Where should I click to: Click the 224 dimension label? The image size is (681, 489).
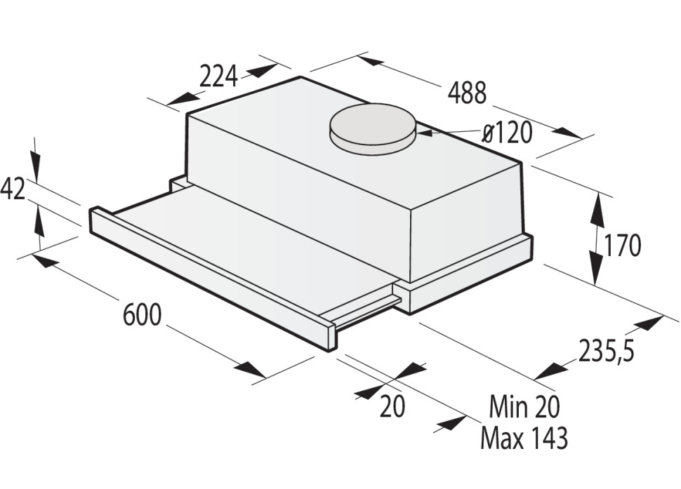click(x=218, y=76)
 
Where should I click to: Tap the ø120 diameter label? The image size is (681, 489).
click(x=508, y=133)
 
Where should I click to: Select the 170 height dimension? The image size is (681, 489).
click(x=622, y=246)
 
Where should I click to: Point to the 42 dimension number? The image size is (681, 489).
click(x=13, y=189)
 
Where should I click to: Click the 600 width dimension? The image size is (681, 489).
click(x=142, y=315)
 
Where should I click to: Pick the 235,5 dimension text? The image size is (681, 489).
click(x=607, y=350)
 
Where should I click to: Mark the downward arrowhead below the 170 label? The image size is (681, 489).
click(x=597, y=274)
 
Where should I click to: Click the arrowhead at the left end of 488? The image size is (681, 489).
click(x=370, y=60)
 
